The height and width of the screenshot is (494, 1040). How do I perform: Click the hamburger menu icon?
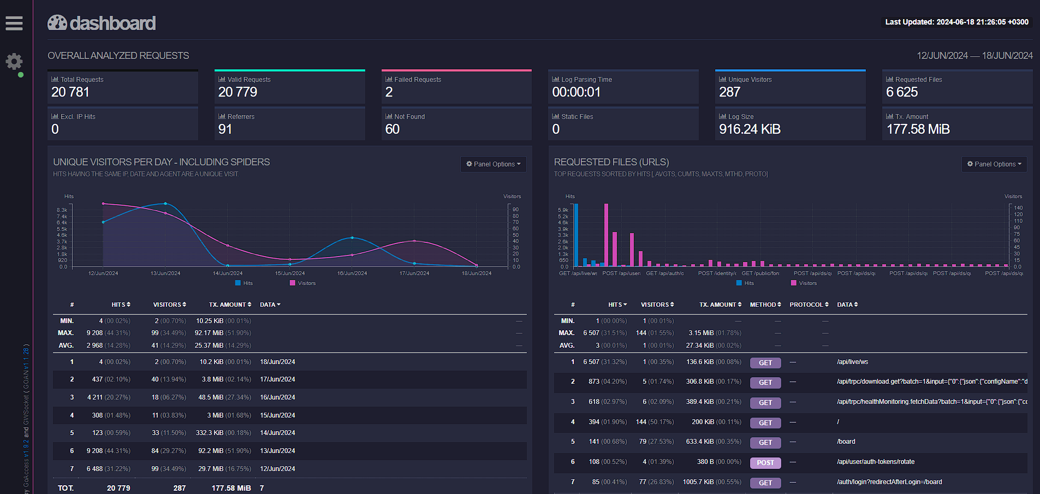coord(14,23)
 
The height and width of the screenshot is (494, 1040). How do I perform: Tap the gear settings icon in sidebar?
coord(14,61)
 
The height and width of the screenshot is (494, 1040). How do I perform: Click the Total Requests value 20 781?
coord(70,92)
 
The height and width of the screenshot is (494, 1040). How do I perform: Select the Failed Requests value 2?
coord(389,92)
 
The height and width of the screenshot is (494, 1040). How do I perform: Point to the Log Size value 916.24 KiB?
coord(750,129)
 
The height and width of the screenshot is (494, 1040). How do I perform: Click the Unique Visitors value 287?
coord(729,92)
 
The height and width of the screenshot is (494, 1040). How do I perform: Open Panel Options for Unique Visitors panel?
coord(493,164)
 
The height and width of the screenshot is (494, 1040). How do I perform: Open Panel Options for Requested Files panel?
coord(994,164)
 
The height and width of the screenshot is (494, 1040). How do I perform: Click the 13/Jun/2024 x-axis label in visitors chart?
coord(165,273)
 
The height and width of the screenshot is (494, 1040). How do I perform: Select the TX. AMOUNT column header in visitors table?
coord(230,305)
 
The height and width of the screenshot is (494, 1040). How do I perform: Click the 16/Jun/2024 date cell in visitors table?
coord(277,397)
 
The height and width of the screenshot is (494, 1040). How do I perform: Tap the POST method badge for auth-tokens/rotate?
coord(765,463)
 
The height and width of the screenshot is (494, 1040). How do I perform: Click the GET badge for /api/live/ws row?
coord(765,363)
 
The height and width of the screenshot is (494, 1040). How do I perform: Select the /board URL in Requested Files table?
coord(846,442)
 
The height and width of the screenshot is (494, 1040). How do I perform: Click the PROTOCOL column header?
coord(809,305)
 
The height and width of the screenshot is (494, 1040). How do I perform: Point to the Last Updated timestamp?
coord(956,22)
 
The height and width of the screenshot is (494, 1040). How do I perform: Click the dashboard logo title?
coord(102,23)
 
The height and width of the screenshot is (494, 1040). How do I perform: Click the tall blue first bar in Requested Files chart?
coord(576,235)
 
